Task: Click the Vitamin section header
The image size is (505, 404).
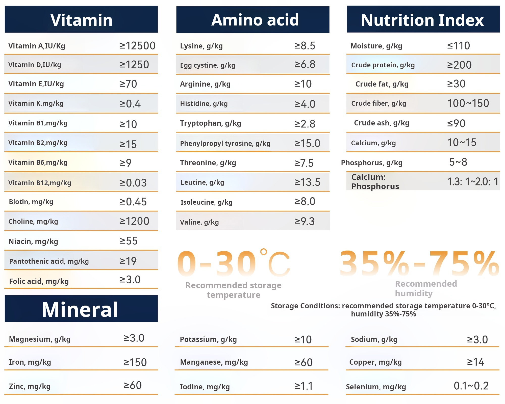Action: pyautogui.click(x=81, y=20)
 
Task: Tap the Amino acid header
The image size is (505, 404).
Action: pyautogui.click(x=255, y=20)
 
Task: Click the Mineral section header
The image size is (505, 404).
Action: pyautogui.click(x=80, y=309)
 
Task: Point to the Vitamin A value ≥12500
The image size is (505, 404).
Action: pyautogui.click(x=137, y=46)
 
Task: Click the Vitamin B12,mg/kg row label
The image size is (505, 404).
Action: pyautogui.click(x=40, y=183)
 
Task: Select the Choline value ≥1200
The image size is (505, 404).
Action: pyautogui.click(x=134, y=221)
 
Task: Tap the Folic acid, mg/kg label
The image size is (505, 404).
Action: pyautogui.click(x=39, y=281)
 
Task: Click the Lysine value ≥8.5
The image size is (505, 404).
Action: pyautogui.click(x=305, y=46)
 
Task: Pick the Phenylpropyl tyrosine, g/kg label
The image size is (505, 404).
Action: pyautogui.click(x=225, y=143)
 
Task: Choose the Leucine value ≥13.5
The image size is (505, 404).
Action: pyautogui.click(x=307, y=182)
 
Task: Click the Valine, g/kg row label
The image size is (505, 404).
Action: pyautogui.click(x=199, y=222)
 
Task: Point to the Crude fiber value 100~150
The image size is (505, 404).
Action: pyautogui.click(x=468, y=103)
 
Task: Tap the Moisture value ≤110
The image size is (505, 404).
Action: pyautogui.click(x=459, y=46)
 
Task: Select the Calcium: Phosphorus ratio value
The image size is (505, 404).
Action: pyautogui.click(x=473, y=182)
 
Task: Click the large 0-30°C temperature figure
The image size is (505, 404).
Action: pyautogui.click(x=234, y=263)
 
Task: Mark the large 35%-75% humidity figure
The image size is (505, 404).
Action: pyautogui.click(x=419, y=263)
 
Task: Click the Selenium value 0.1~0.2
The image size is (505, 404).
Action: pyautogui.click(x=471, y=386)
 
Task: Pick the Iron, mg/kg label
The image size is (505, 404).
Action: pyautogui.click(x=30, y=362)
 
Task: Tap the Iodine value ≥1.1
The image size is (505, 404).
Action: pyautogui.click(x=304, y=386)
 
